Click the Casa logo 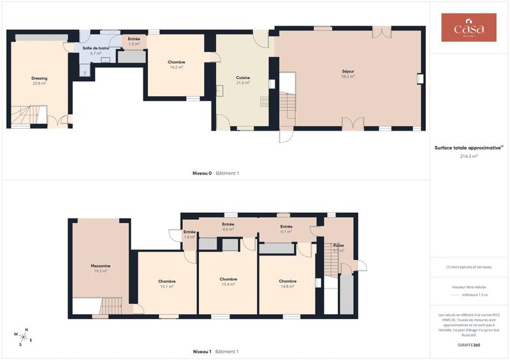click(x=469, y=28)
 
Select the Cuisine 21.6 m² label click(x=243, y=80)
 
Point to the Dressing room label click(x=40, y=80)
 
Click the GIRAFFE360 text click(x=469, y=344)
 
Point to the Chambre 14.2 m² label click(x=177, y=64)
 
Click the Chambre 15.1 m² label click(x=167, y=284)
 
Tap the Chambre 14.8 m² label click(x=288, y=284)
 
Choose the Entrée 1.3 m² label click(x=134, y=41)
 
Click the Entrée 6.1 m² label click(x=286, y=229)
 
